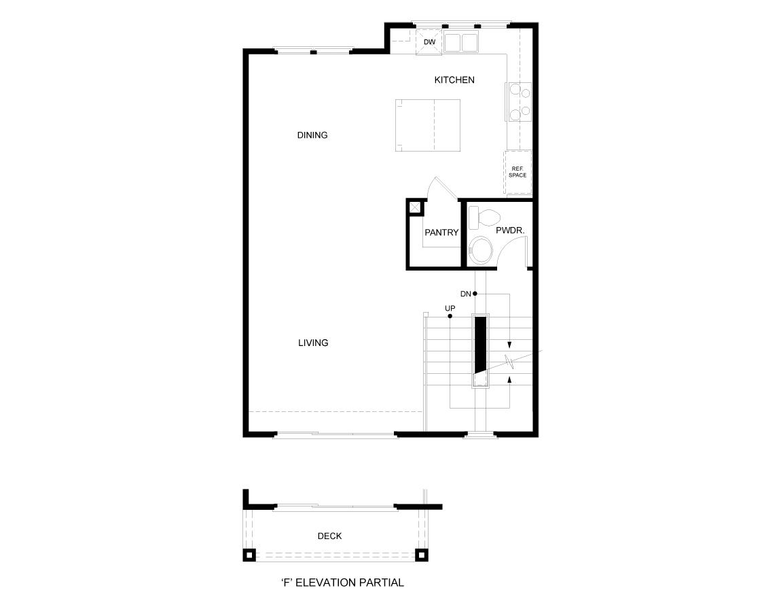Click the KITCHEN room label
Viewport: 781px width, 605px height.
pyautogui.click(x=454, y=80)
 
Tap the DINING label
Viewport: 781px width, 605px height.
pyautogui.click(x=312, y=135)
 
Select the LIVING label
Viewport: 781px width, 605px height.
pyautogui.click(x=313, y=343)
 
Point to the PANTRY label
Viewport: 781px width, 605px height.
pyautogui.click(x=441, y=232)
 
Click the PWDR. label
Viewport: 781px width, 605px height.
pyautogui.click(x=510, y=230)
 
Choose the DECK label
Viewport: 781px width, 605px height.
pyautogui.click(x=329, y=536)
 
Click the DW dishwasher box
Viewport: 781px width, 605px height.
pyautogui.click(x=429, y=42)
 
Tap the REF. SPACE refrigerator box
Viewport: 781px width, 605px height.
pyautogui.click(x=517, y=172)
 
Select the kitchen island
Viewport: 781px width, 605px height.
pyautogui.click(x=428, y=126)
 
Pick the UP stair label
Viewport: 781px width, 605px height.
pyautogui.click(x=450, y=308)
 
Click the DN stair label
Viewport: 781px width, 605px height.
pyautogui.click(x=465, y=294)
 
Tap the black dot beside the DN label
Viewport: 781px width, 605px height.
pyautogui.click(x=475, y=294)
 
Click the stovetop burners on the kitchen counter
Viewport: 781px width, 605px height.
pyautogui.click(x=519, y=101)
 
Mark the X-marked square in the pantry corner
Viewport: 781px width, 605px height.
pyautogui.click(x=414, y=207)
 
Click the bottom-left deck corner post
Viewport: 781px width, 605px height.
pyautogui.click(x=249, y=555)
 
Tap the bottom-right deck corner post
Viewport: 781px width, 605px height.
pyautogui.click(x=421, y=555)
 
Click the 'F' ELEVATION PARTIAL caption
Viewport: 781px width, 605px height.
pyautogui.click(x=342, y=583)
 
